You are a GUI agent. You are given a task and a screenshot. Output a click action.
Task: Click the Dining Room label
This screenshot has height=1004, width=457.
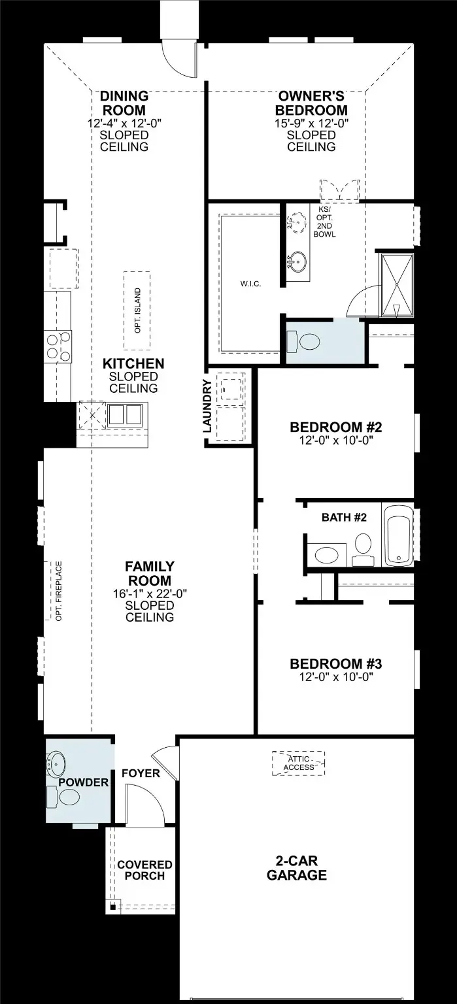click(x=124, y=103)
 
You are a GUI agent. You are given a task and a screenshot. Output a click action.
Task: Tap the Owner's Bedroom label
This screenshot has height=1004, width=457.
click(x=311, y=103)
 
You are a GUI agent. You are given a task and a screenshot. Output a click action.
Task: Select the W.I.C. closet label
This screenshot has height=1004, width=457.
click(x=250, y=284)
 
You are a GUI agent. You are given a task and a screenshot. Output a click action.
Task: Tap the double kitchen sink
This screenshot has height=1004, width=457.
click(x=125, y=414)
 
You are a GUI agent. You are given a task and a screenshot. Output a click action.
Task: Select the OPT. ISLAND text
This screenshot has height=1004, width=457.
click(x=137, y=310)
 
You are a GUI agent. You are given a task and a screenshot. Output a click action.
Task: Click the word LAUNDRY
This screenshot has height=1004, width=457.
click(x=207, y=406)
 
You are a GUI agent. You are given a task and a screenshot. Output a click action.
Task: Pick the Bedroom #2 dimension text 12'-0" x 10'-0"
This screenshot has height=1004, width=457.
click(x=336, y=440)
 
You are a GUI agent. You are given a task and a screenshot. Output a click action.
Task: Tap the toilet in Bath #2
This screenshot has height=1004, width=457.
click(x=363, y=548)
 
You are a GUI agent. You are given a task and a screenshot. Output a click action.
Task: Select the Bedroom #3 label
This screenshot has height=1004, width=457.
click(x=336, y=663)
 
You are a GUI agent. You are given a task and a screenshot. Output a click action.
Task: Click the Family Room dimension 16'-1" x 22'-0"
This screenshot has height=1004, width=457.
click(x=150, y=594)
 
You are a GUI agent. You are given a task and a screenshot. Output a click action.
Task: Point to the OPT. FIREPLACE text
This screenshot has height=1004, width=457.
click(x=59, y=591)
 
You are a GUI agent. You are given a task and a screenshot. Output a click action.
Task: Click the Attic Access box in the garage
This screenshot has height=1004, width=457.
click(x=298, y=763)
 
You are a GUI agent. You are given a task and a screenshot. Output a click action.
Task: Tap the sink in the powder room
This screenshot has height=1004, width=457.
click(x=56, y=763)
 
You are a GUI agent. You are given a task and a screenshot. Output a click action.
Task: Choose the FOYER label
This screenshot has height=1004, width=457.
click(x=141, y=773)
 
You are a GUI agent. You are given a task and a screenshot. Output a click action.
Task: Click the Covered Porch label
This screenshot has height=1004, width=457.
click(x=144, y=870)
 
